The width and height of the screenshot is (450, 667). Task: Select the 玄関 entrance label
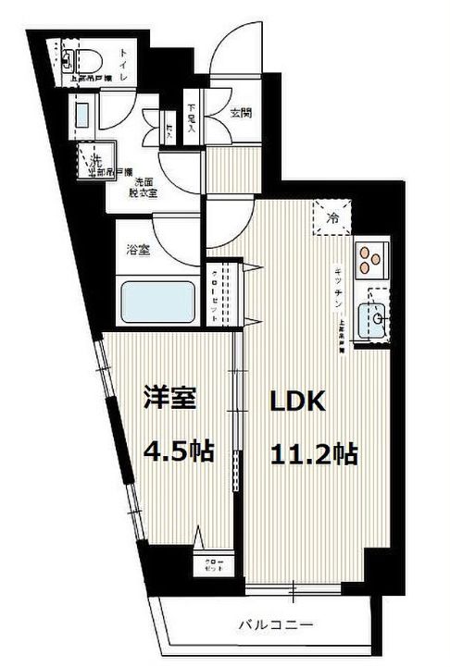tap(243, 114)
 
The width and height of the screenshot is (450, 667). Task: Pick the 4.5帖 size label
tap(179, 451)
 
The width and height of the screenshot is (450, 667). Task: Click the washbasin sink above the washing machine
tap(81, 116)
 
